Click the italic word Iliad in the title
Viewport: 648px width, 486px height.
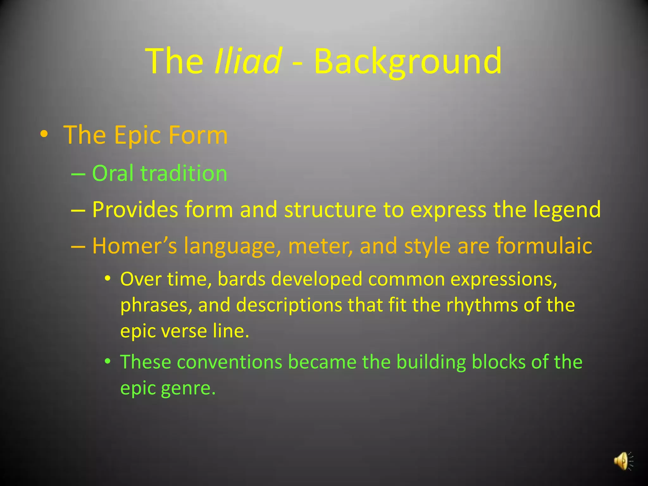(x=248, y=61)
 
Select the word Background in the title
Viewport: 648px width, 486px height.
(x=408, y=61)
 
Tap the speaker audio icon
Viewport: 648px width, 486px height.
(x=623, y=461)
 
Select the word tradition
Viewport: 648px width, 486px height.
(x=184, y=173)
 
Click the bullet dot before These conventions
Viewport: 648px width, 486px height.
(x=108, y=361)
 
